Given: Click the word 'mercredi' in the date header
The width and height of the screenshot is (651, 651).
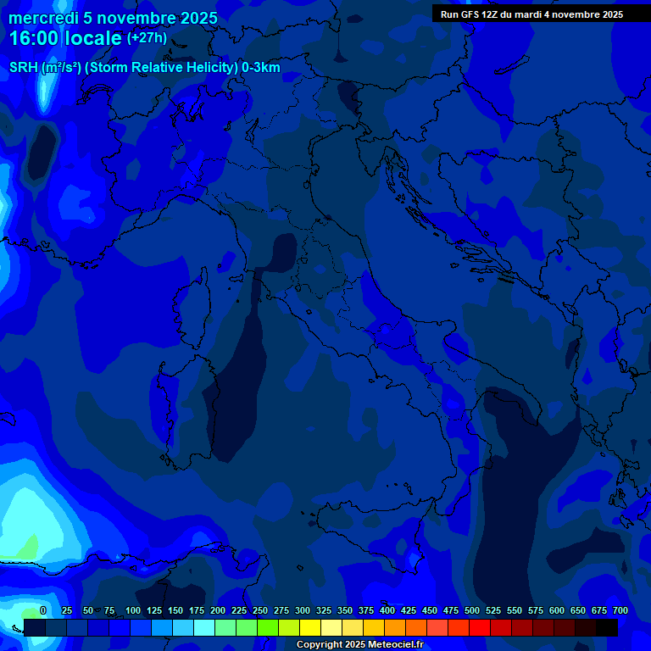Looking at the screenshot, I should [x=43, y=18].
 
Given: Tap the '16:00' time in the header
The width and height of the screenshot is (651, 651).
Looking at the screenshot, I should [x=35, y=38].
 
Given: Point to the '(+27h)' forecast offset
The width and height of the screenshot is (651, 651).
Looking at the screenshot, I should [x=147, y=38].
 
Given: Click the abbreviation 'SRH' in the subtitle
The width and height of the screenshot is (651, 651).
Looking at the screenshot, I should [x=24, y=68].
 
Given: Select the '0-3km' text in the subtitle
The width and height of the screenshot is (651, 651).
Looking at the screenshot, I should [x=260, y=68].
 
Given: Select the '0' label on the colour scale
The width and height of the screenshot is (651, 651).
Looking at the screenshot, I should [x=43, y=610].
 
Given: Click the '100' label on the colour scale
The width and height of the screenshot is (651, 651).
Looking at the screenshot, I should [x=133, y=610].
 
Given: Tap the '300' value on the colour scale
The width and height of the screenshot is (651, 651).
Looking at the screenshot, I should [x=303, y=610].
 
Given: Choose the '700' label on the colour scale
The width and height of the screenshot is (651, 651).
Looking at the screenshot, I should [x=620, y=610].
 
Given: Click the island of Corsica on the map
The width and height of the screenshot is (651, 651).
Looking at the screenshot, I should [x=194, y=301].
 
